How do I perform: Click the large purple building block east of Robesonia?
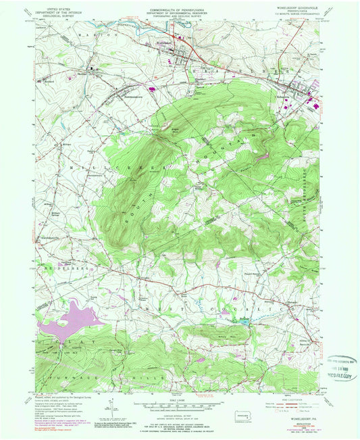(x=313, y=103)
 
